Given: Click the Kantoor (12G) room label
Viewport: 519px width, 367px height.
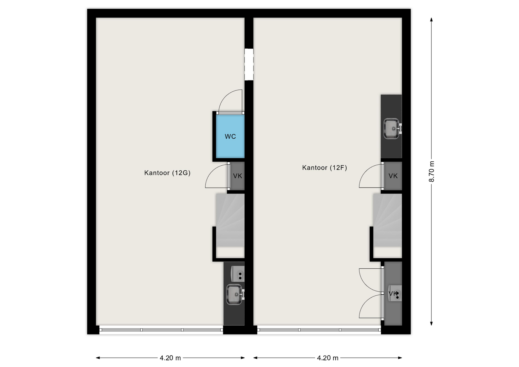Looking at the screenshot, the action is [167, 173].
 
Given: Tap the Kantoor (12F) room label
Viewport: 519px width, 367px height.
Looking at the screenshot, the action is [324, 168].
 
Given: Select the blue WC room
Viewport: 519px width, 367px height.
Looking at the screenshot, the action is [230, 136].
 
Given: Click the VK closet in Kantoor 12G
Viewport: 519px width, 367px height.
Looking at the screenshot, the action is [237, 176].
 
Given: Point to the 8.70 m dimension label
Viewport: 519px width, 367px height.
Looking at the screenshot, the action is [432, 171].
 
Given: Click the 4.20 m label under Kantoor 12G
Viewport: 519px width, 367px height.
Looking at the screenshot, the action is [170, 358].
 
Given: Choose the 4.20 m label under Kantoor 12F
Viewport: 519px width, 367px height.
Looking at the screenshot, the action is [328, 358].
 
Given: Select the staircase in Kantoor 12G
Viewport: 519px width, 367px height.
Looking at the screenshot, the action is [230, 220].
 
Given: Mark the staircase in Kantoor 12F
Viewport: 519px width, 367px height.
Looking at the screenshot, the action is [387, 220].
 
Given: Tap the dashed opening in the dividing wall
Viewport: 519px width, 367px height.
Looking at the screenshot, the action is [249, 64].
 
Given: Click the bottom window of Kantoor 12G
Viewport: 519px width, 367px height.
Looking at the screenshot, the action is [161, 330].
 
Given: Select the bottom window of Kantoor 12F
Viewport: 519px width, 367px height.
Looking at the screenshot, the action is [319, 330].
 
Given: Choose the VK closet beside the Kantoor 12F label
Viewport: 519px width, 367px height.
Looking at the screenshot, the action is [393, 176].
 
